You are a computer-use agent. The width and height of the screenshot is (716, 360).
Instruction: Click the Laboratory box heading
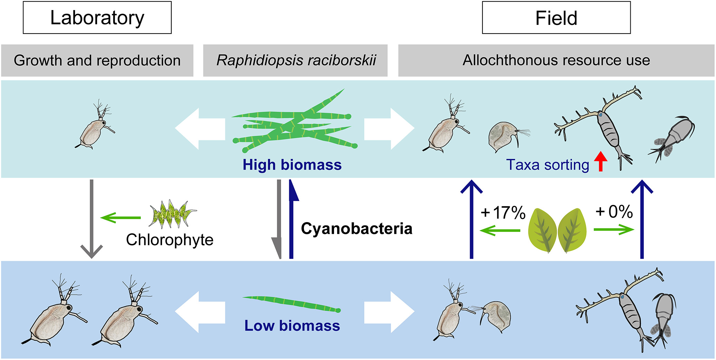(x=97, y=18)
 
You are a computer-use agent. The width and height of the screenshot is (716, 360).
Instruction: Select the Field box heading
(x=556, y=18)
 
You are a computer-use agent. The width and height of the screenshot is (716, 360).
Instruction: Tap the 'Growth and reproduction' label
(x=97, y=60)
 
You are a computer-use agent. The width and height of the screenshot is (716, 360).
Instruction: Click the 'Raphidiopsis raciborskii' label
(x=296, y=60)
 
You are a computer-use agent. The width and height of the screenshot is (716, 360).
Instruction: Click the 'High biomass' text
(x=292, y=165)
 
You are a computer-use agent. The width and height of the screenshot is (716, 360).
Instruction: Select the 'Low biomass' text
(x=292, y=325)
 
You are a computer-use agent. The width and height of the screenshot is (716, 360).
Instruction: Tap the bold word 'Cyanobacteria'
(x=356, y=229)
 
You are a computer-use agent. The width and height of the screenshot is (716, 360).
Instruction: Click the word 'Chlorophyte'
(x=170, y=240)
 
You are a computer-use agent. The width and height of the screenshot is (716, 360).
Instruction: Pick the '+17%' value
(x=503, y=212)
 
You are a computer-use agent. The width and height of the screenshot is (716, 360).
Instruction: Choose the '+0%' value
(x=614, y=211)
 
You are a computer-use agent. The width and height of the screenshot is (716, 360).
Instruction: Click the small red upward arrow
(x=601, y=161)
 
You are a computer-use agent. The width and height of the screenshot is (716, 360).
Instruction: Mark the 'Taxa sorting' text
(x=547, y=165)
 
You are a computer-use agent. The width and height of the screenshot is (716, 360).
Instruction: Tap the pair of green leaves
(x=557, y=230)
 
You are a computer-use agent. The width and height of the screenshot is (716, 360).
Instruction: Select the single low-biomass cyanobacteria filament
(x=292, y=304)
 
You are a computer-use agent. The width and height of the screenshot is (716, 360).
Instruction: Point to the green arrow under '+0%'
(x=614, y=229)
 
